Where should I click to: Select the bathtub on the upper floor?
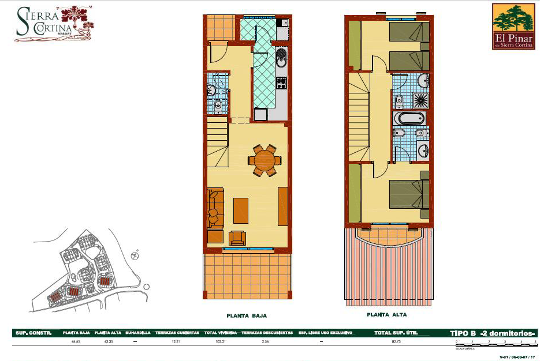pos(409,119)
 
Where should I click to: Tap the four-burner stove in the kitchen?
pos(281,83)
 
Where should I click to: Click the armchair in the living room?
pos(237,238)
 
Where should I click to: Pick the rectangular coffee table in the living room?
pos(241,210)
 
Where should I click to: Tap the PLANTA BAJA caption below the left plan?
pos(247,315)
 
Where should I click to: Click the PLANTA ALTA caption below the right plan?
pos(386,315)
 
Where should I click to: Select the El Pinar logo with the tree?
pos(513,26)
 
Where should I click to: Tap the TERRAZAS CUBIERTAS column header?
pos(177,333)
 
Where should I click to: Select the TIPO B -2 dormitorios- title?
pos(493,333)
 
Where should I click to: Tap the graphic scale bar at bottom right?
pos(496,344)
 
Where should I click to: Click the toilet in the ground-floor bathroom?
pos(218,104)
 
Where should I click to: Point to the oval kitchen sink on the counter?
pos(281,58)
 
